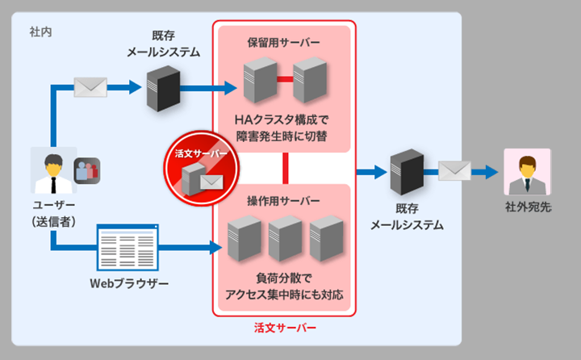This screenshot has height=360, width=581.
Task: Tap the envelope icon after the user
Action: [90, 86]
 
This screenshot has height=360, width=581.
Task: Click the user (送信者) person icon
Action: [53, 170]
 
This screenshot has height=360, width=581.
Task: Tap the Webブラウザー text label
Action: [130, 285]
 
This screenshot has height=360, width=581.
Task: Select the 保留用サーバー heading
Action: [283, 41]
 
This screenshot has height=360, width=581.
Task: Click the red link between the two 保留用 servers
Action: [284, 79]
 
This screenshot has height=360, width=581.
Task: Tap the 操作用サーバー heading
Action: [284, 199]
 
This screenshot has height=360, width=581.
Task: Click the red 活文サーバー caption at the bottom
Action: [284, 328]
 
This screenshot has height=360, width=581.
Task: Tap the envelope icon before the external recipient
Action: [454, 171]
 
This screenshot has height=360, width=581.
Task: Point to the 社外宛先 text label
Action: [528, 207]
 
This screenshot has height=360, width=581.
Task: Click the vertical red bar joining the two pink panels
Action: [285, 168]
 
